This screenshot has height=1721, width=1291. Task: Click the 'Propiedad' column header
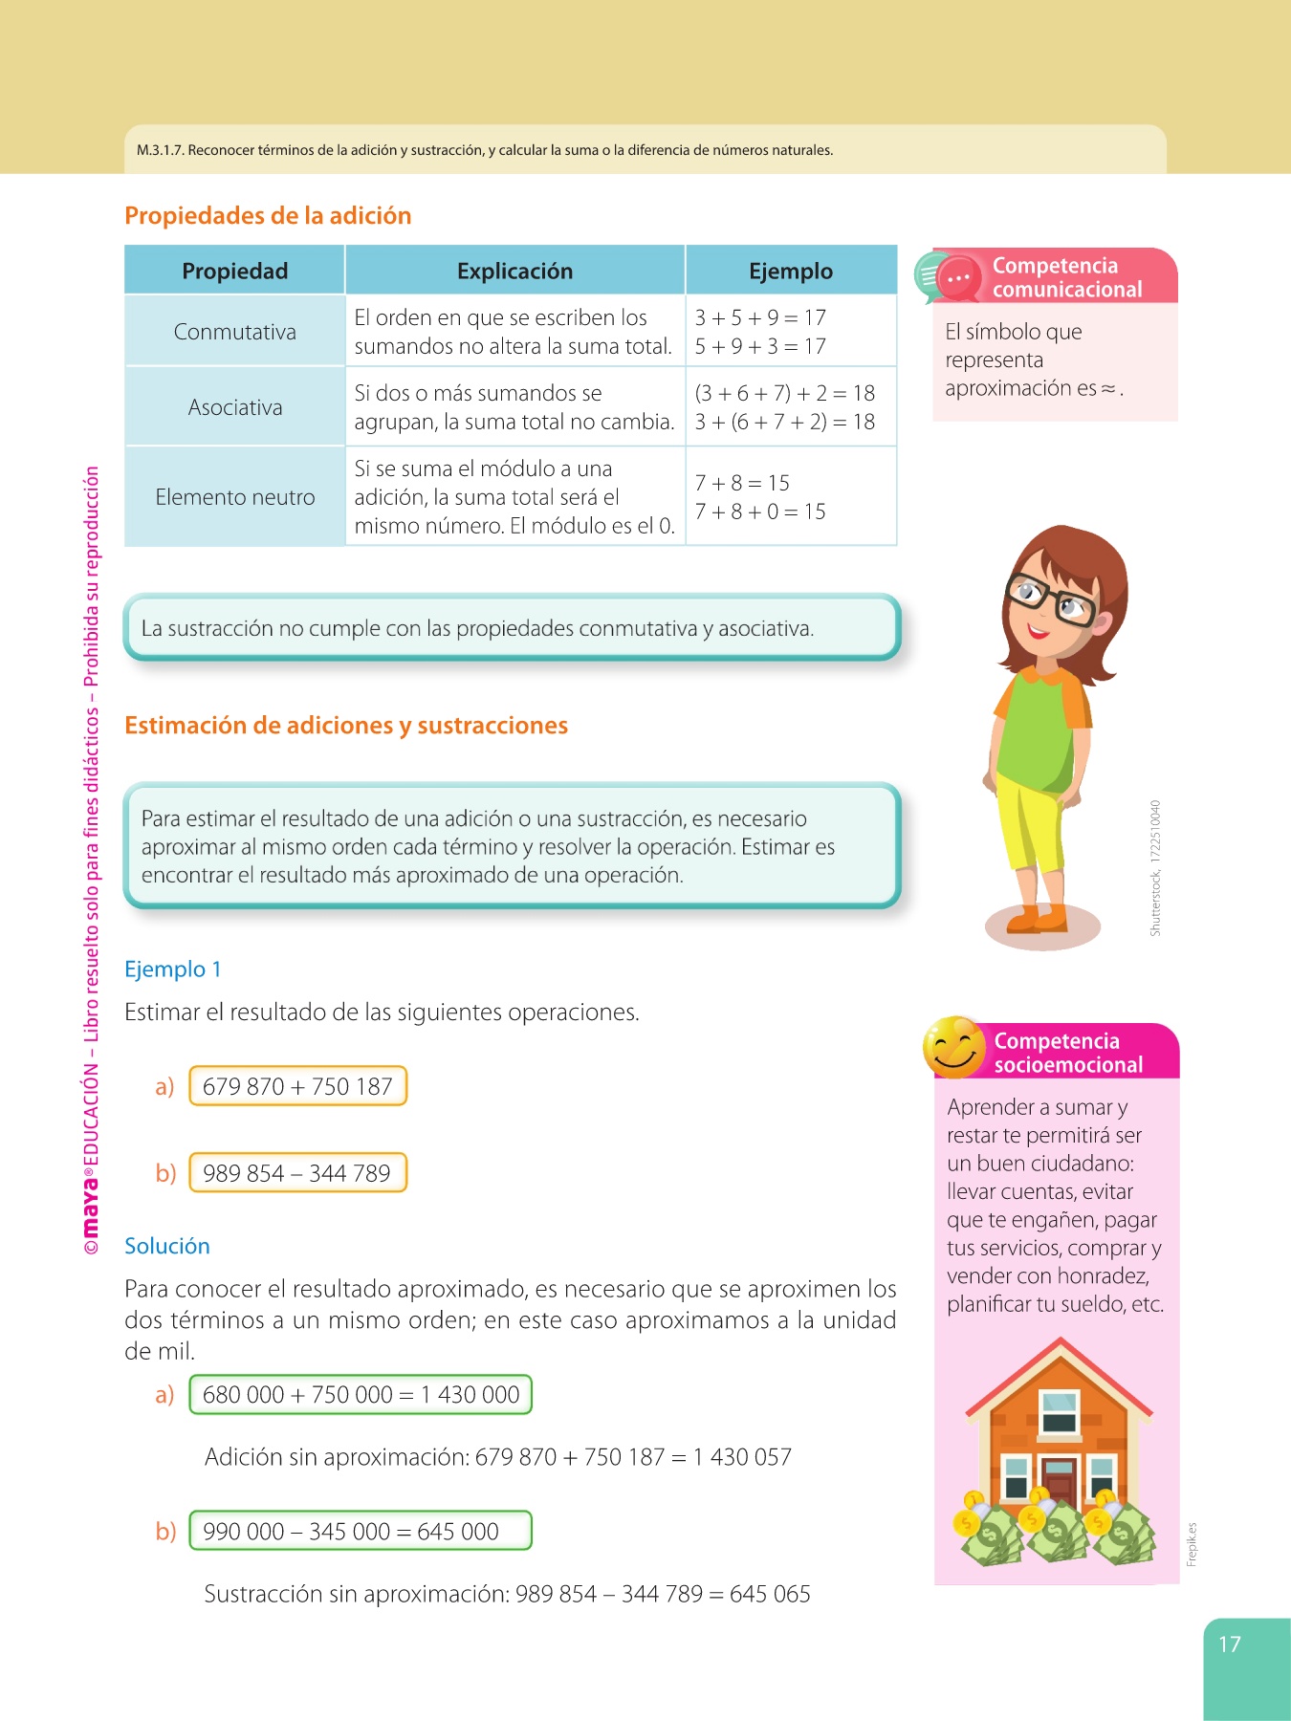[234, 272]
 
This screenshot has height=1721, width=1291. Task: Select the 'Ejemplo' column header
[791, 272]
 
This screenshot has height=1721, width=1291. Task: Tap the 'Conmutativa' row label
[234, 332]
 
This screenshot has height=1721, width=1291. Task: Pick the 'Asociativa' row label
[234, 407]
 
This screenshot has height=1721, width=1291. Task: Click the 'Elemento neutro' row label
[234, 497]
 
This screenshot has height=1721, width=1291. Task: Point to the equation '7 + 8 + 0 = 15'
[760, 512]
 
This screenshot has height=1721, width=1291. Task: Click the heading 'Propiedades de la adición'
[268, 216]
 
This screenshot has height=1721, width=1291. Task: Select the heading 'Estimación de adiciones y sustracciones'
[346, 726]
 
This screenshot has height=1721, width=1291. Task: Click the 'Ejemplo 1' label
[173, 969]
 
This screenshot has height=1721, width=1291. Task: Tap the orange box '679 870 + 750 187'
[297, 1086]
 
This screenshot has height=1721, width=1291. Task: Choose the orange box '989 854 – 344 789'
[297, 1173]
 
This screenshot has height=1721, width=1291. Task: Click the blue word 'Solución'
[167, 1246]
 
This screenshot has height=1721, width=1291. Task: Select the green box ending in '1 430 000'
[361, 1395]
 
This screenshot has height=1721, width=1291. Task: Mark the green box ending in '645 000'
[361, 1531]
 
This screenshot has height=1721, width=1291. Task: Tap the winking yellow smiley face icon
[952, 1047]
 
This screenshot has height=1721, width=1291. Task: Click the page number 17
[1230, 1645]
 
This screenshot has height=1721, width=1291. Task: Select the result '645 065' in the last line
[770, 1594]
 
